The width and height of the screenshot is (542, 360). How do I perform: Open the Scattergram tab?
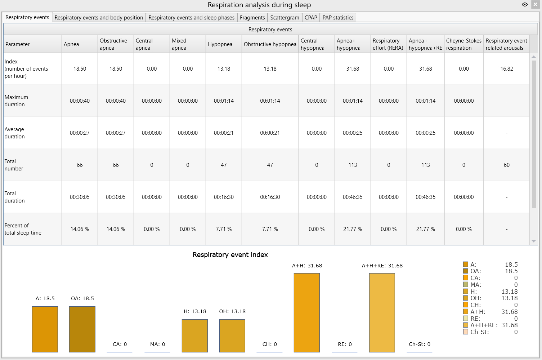coord(285,17)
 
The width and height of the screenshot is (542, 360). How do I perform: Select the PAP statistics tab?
coord(338,17)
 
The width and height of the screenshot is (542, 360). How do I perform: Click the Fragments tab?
coord(252,17)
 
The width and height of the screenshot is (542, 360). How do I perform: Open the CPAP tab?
coord(311,17)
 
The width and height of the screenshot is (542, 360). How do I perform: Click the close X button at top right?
coord(535,5)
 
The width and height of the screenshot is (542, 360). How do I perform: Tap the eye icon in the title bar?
coord(525,5)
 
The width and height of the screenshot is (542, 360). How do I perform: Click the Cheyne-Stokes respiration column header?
coord(463,44)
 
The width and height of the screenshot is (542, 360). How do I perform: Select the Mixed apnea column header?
coord(188,44)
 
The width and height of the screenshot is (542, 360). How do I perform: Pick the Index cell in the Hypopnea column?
coord(224,69)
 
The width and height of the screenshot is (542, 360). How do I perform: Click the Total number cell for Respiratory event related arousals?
coord(506,165)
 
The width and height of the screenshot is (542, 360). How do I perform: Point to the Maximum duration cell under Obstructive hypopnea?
coord(270,101)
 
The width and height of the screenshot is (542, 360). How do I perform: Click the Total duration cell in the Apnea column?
coord(80,197)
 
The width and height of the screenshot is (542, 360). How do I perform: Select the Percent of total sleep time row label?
coord(23,229)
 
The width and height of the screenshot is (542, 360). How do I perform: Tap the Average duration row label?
coord(14,133)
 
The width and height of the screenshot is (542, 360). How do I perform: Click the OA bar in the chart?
coord(82,329)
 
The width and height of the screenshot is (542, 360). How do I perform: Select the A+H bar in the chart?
coord(307,313)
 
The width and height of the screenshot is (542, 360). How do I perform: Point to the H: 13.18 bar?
coord(195,336)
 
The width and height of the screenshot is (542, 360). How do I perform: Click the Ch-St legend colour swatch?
coord(466,332)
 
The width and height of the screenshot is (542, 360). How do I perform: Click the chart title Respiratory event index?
coord(230,255)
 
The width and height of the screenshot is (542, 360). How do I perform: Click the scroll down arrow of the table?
coord(533,241)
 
